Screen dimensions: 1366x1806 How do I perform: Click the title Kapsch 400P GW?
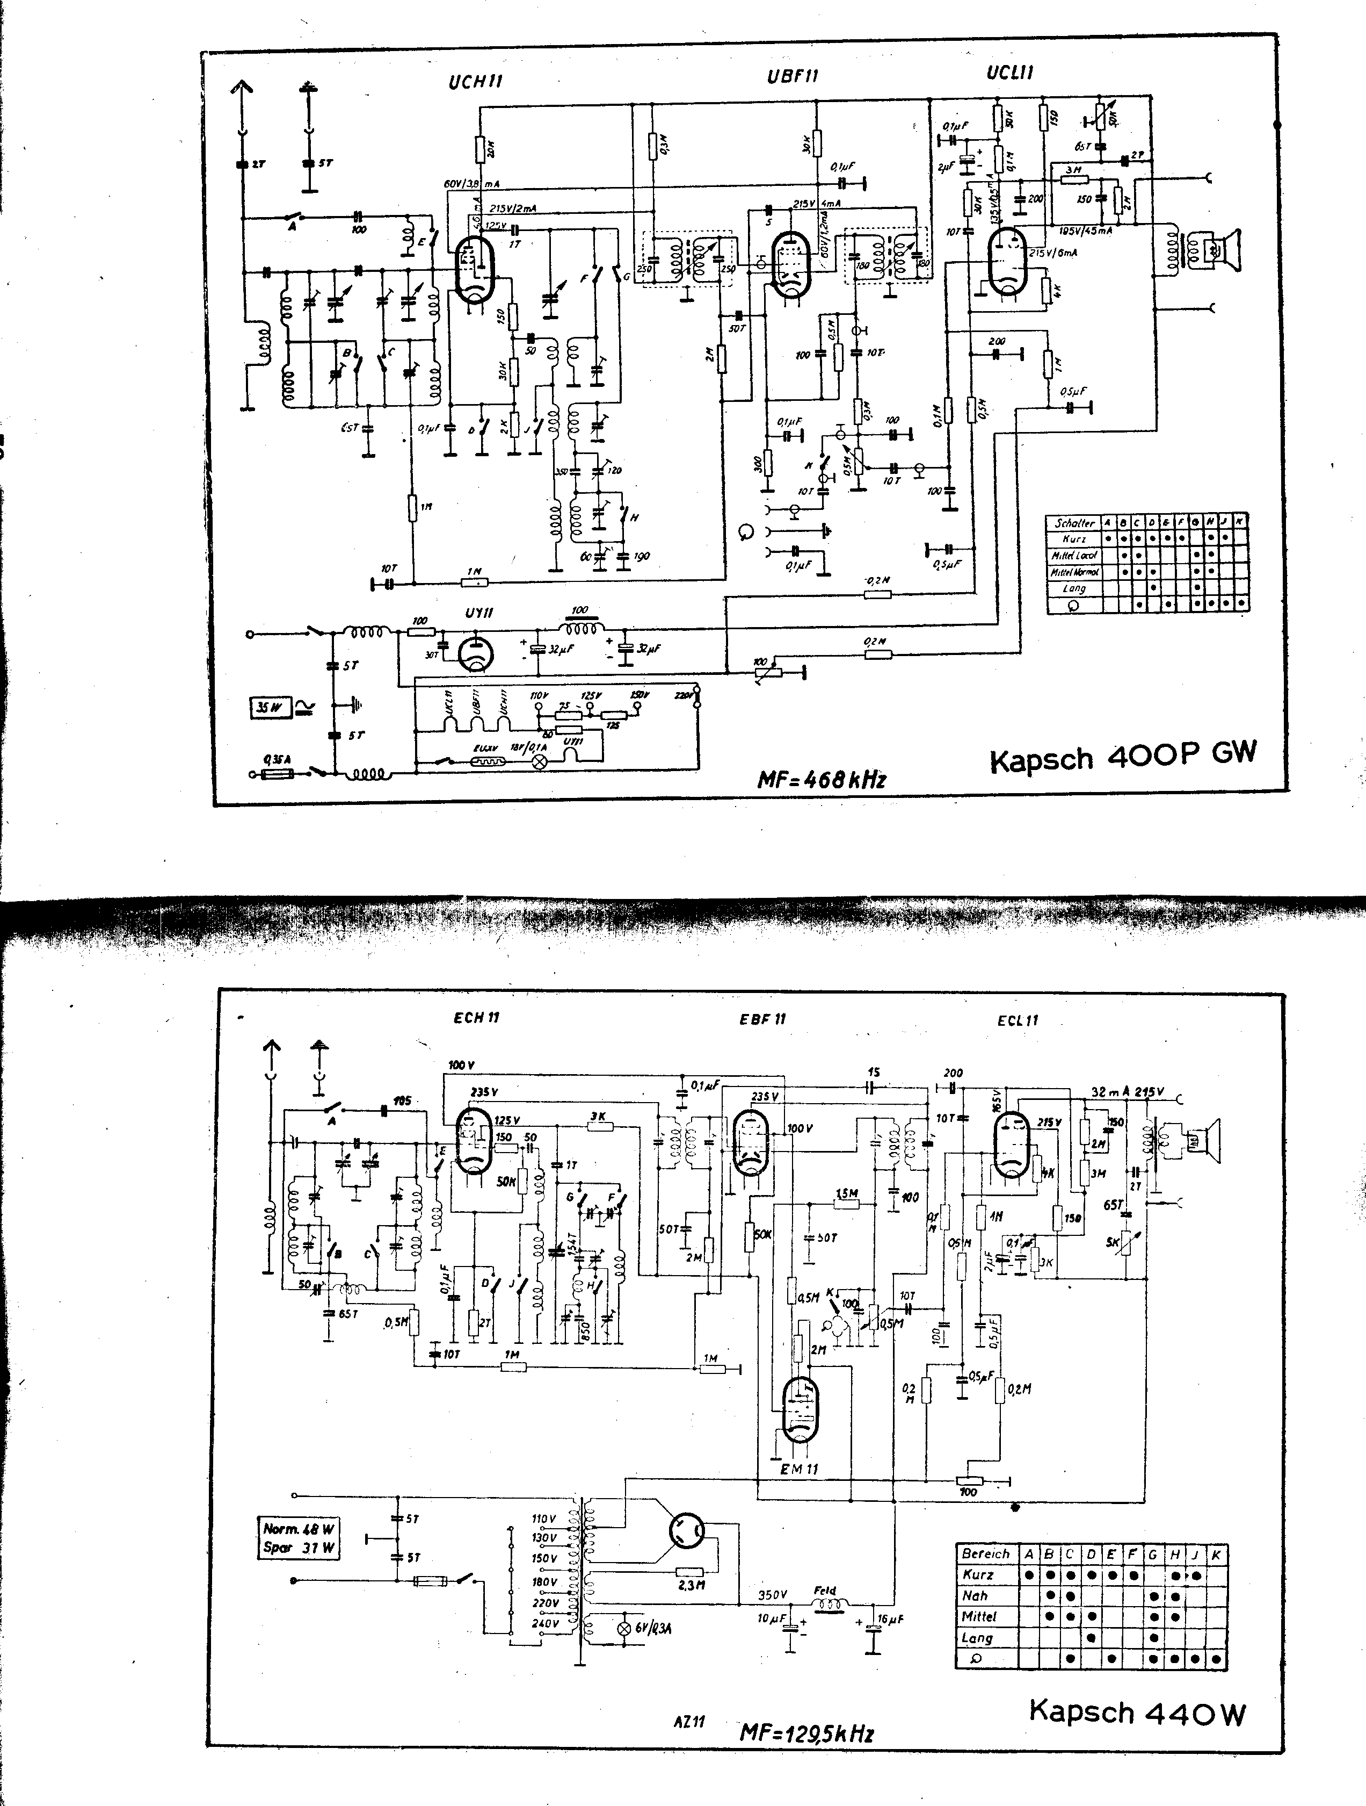pyautogui.click(x=1123, y=755)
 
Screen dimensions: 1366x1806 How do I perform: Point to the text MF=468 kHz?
pyautogui.click(x=821, y=780)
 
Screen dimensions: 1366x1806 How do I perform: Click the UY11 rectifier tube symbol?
pyautogui.click(x=476, y=654)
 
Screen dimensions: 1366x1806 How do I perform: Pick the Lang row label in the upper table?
pyautogui.click(x=1074, y=588)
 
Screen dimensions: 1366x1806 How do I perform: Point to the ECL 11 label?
pyautogui.click(x=1018, y=1020)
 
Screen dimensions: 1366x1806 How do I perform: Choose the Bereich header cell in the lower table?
pyautogui.click(x=986, y=1553)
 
